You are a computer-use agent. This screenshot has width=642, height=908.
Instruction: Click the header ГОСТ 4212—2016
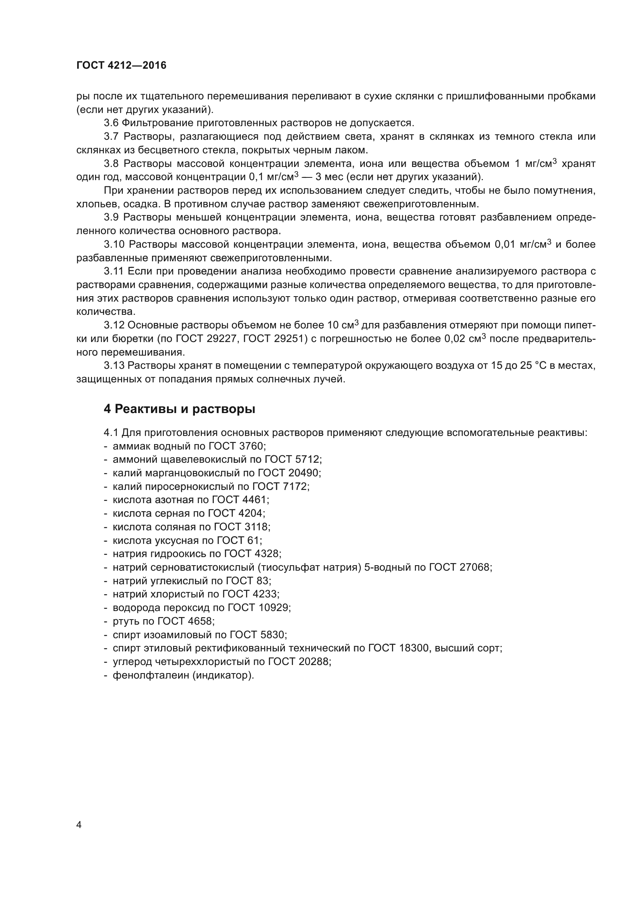[x=121, y=65]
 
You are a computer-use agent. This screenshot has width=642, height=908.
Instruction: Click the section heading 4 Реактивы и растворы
[x=179, y=409]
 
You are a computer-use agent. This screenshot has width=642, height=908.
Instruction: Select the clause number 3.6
[x=111, y=123]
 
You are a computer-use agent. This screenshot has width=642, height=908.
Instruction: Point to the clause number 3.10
[x=114, y=245]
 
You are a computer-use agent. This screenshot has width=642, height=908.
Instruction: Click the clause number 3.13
[x=114, y=365]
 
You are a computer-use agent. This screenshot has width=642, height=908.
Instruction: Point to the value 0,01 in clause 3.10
[x=505, y=245]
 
